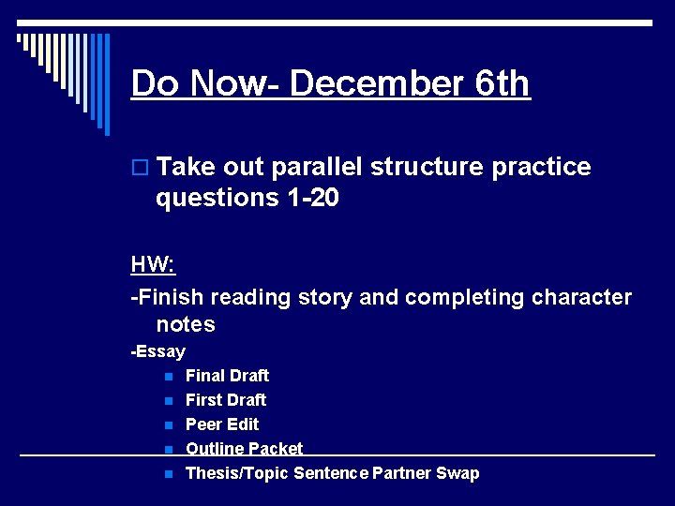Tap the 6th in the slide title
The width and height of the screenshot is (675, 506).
[x=502, y=83]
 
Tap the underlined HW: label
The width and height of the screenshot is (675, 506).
[x=153, y=264]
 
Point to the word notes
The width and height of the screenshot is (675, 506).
[x=186, y=324]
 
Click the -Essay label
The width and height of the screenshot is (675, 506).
[x=158, y=351]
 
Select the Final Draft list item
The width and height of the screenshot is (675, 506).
[x=227, y=376]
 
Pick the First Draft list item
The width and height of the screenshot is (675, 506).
[x=226, y=400]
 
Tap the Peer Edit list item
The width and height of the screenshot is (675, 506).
[x=222, y=424]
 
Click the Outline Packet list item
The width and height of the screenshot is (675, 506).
[x=244, y=449]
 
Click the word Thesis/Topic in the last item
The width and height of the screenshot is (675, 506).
[x=237, y=473]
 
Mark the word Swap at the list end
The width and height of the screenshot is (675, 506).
[x=457, y=473]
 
